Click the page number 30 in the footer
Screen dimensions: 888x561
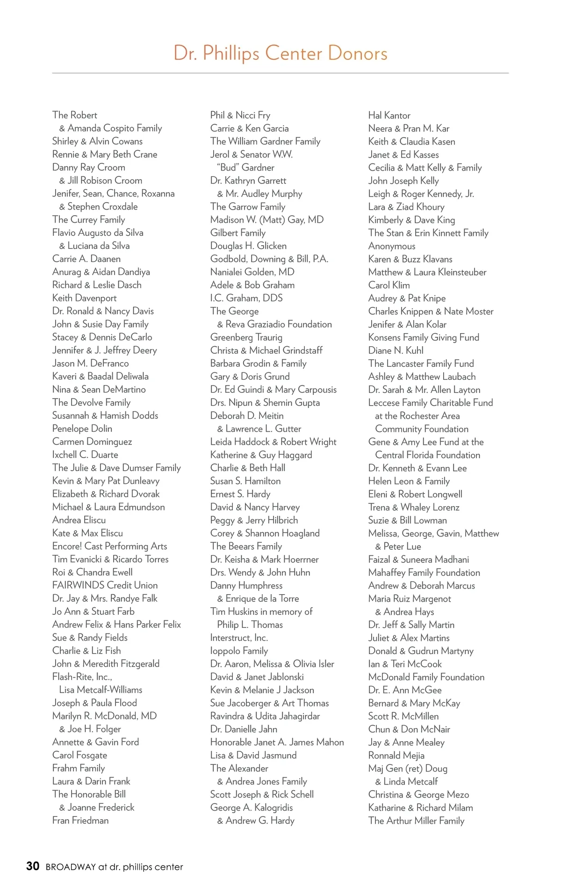click(x=33, y=866)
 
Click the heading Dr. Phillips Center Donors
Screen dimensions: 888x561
click(x=280, y=53)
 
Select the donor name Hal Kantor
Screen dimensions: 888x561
click(x=389, y=115)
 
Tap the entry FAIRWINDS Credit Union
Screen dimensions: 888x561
click(x=105, y=585)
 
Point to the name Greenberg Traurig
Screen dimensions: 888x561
click(x=246, y=337)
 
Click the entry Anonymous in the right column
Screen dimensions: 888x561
click(x=391, y=246)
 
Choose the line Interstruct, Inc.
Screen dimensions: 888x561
click(x=239, y=637)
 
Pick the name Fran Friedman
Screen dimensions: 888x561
click(x=80, y=820)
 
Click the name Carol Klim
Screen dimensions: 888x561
click(x=388, y=285)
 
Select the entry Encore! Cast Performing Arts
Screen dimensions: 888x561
click(x=109, y=546)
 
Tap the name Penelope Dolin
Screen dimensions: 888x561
click(x=82, y=428)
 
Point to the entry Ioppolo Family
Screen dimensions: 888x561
click(x=239, y=650)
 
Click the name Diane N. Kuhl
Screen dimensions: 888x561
click(x=396, y=350)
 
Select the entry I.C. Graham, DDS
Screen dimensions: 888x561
click(x=246, y=298)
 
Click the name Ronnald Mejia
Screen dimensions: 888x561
click(x=396, y=755)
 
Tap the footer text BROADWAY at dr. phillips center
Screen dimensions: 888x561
click(x=114, y=866)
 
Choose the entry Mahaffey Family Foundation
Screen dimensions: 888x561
click(x=424, y=572)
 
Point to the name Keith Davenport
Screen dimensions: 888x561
click(x=84, y=298)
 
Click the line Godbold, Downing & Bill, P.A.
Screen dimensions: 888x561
click(x=269, y=259)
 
